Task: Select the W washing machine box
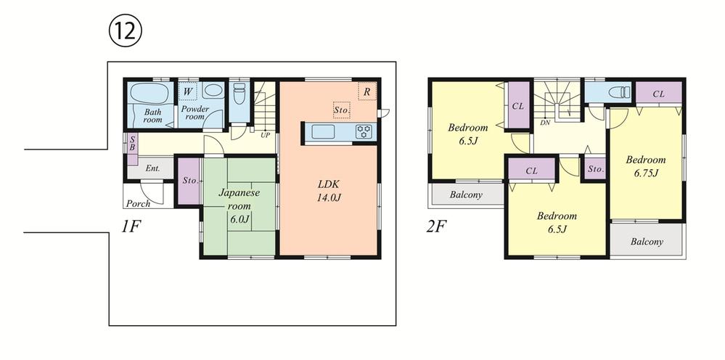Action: pos(188,92)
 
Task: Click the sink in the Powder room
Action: pos(213,91)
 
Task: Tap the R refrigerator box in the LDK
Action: pos(367,91)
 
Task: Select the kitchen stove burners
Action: pos(364,131)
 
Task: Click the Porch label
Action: pos(139,204)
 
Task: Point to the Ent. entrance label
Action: pos(152,168)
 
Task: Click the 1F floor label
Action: pos(131,226)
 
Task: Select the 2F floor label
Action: pos(436,226)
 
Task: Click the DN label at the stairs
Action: pos(544,123)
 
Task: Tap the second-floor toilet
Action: pos(619,92)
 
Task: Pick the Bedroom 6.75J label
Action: pos(646,165)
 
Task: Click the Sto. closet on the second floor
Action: pos(594,169)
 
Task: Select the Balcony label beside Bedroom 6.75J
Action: pos(647,242)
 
